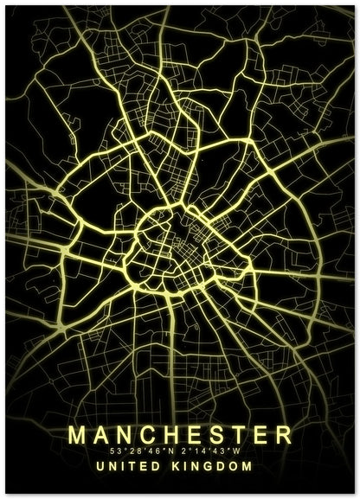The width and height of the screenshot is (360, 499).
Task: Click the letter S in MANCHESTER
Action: click(215, 432)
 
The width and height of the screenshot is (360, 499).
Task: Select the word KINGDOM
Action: click(215, 467)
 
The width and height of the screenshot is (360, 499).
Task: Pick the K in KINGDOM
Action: click(177, 467)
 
